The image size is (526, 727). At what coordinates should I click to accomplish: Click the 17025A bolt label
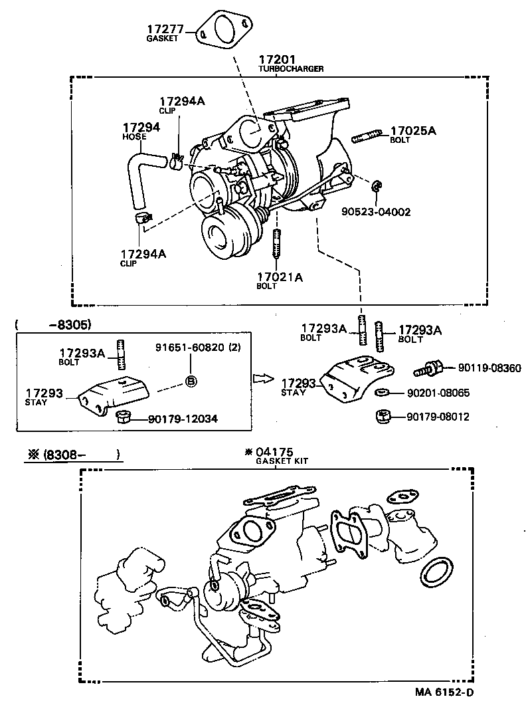[412, 131]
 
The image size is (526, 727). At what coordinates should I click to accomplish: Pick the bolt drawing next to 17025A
[365, 138]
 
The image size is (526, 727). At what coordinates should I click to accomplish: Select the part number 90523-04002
[376, 213]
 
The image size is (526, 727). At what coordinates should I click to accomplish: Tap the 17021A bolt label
[279, 278]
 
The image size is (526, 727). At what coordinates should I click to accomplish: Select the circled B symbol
[190, 381]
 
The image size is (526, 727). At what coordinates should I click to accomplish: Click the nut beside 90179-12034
[123, 417]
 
